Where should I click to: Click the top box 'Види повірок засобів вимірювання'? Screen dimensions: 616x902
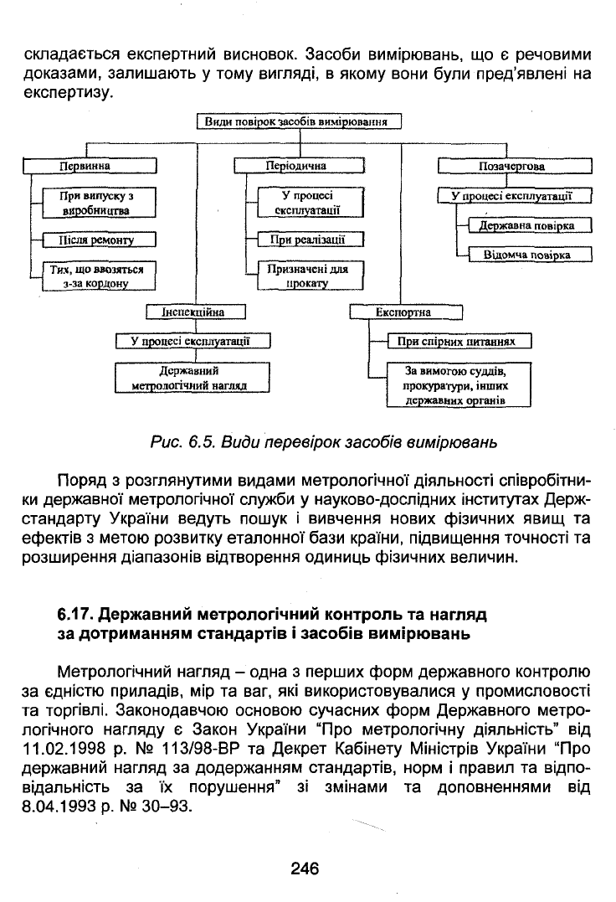coord(299,122)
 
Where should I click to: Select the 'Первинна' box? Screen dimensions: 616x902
coord(90,167)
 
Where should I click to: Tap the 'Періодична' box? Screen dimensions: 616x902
coord(300,167)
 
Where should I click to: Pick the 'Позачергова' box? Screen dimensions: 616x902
coord(515,167)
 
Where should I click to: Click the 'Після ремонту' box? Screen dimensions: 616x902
coord(99,240)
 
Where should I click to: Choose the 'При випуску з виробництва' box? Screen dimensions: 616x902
coord(99,203)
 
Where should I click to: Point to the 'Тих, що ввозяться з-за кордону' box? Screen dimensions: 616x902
coord(99,276)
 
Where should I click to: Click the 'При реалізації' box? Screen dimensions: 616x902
coord(311,240)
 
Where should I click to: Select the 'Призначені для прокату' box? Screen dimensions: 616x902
coord(311,276)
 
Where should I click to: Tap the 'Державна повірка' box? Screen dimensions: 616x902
coord(530,225)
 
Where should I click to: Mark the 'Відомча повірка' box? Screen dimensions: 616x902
coord(530,255)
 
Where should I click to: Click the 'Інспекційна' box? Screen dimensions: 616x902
coord(195,312)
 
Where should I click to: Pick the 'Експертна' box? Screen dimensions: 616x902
coord(406,312)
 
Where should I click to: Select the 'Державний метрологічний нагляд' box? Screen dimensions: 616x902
coord(192,378)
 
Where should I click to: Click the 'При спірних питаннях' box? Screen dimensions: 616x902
coord(459,342)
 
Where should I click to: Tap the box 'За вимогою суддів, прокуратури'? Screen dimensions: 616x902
coord(459,385)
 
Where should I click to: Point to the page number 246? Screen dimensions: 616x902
coord(305,868)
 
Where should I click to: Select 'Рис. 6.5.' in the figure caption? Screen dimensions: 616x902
coord(182,442)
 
